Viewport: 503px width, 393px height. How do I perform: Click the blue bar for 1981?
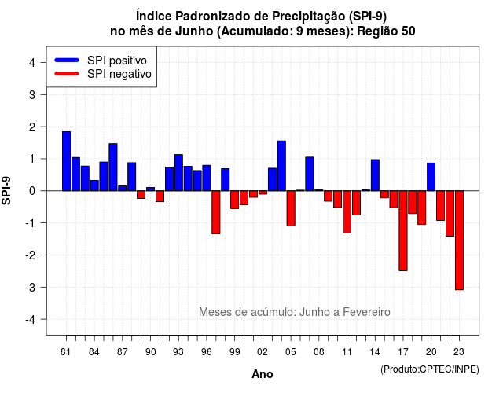[66, 161]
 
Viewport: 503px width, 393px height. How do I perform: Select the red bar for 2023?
[459, 241]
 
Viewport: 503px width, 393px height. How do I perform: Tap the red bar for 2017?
[403, 230]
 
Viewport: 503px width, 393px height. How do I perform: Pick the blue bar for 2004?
[281, 166]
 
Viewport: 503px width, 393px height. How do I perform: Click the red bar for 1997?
[216, 212]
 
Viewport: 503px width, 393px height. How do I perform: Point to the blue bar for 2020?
[431, 177]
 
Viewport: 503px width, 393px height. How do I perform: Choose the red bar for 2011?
[347, 211]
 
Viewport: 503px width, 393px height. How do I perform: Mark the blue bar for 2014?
[375, 175]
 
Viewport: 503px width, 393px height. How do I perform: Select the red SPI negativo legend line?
[67, 74]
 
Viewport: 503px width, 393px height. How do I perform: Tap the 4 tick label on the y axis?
[32, 63]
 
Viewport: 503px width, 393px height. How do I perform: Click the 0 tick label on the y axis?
[32, 191]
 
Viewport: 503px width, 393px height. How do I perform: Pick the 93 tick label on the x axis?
[178, 352]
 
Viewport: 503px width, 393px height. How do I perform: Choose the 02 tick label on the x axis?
[263, 352]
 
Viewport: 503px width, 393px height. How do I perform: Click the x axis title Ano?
[263, 374]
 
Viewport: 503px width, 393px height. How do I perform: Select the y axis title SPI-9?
[6, 191]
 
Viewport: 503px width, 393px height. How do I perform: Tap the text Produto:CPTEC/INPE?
[430, 369]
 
